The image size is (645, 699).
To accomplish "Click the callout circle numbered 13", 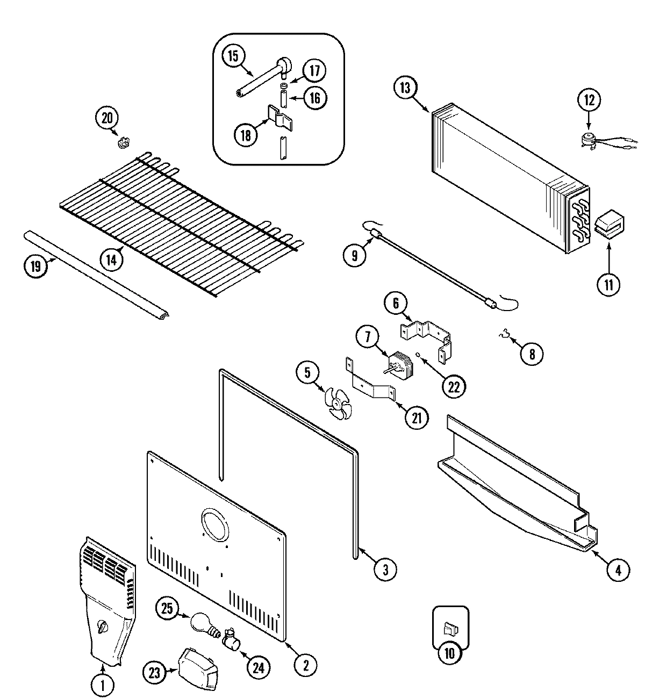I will point(405,88).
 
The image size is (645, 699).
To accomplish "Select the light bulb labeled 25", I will point(202,622).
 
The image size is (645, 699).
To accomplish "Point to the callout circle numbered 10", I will point(450,653).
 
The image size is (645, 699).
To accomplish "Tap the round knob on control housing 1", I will point(103,626).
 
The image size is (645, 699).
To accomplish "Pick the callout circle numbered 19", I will point(35,266).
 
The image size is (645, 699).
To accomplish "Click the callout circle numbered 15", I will point(234,57).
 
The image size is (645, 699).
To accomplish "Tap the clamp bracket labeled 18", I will point(279,116).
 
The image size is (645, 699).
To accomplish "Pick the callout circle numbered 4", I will point(618,570).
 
